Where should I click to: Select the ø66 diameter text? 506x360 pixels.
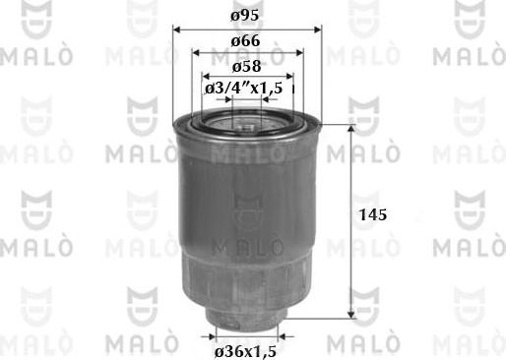(247, 42)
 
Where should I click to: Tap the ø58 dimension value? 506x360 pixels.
(247, 66)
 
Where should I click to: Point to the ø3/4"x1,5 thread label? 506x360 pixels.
(247, 90)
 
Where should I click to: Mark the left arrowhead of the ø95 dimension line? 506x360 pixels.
(177, 30)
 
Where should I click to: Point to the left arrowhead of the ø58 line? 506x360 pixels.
(207, 77)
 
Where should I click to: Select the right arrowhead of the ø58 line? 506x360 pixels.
(288, 77)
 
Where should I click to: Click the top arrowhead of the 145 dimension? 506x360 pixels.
(350, 130)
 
